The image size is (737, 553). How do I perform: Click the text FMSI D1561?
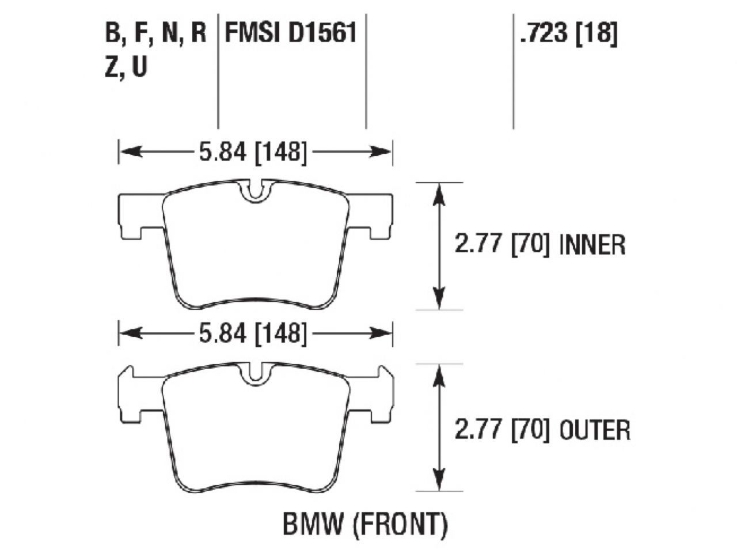click(291, 33)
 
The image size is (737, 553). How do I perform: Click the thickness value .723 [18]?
click(568, 33)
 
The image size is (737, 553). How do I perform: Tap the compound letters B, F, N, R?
click(155, 33)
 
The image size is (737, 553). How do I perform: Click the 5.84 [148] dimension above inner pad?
click(253, 152)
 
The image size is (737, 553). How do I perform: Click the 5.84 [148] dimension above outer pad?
click(253, 333)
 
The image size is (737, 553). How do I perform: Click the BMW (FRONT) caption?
click(364, 524)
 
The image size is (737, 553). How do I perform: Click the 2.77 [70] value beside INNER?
click(502, 245)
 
